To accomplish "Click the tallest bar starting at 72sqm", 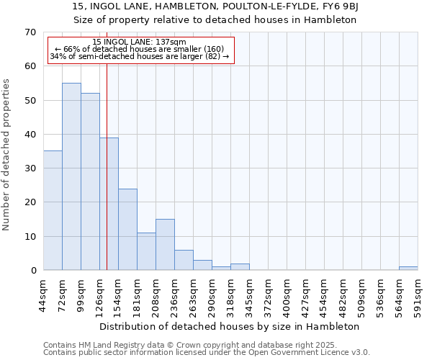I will coord(71,176).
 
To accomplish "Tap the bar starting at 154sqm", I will coord(127,229).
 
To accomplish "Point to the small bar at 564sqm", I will coord(408,269).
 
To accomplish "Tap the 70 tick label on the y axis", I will coord(30,32).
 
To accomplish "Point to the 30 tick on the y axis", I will coord(30,168).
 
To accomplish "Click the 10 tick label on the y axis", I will coord(30,237).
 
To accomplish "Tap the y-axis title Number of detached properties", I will coord(7,155).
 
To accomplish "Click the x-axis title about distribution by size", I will coord(230,326).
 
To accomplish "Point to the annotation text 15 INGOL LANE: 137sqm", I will coord(140,42).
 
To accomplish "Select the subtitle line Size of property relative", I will coord(215,20).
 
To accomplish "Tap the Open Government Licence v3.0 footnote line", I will coord(207,352).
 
